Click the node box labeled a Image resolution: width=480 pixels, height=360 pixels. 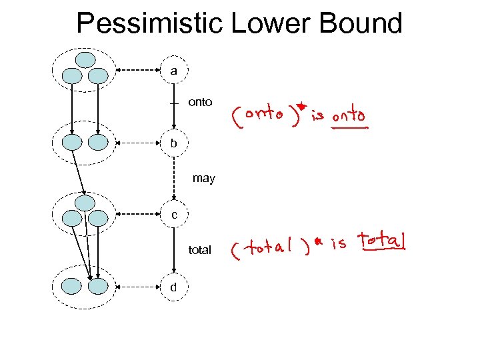173,70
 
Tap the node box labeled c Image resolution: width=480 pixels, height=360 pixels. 173,215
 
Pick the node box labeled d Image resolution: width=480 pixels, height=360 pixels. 173,287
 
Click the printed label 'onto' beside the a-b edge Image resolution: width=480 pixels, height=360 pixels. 200,102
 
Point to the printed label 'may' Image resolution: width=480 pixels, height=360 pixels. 203,178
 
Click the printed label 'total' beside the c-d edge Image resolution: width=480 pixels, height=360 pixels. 200,250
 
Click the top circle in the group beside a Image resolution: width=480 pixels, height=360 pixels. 85,60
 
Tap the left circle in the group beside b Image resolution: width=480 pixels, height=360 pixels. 71,142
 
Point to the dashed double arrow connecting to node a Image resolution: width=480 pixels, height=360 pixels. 139,70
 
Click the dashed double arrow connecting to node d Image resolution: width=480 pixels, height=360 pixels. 139,287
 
